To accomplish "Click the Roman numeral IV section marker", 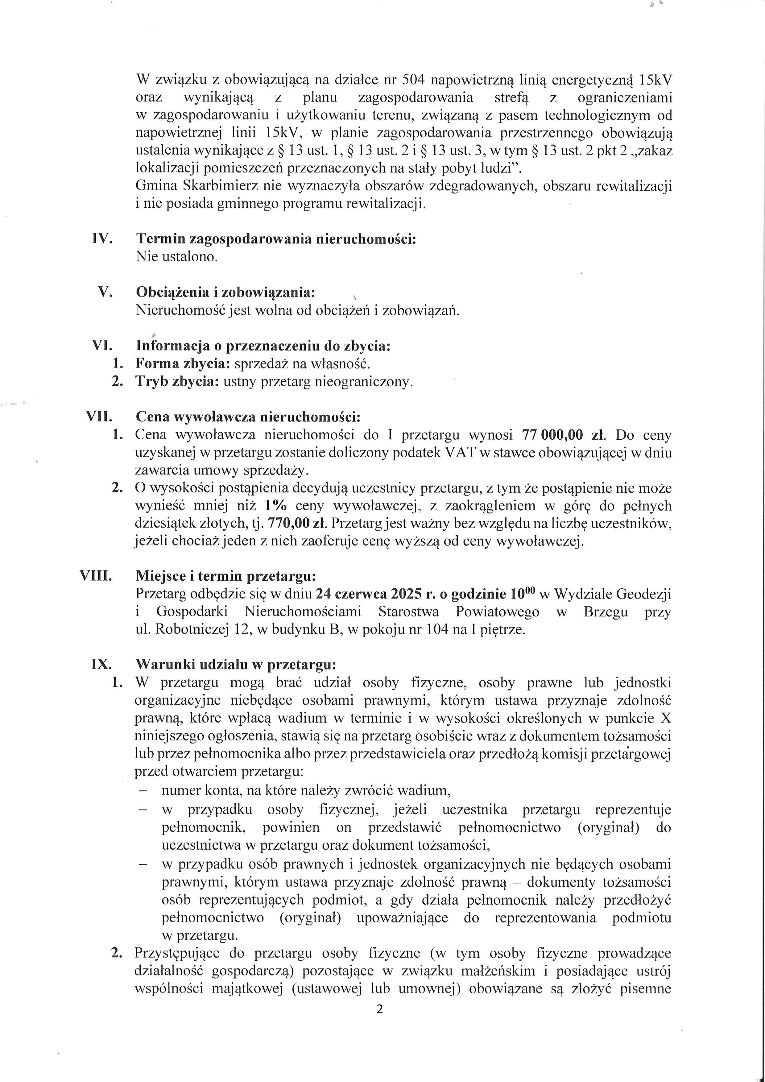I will click(102, 238).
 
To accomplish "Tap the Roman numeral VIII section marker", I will click(96, 576).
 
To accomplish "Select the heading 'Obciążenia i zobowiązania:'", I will click(225, 292).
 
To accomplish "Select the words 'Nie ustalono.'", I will click(177, 257).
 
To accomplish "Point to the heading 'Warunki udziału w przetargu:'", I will click(236, 665).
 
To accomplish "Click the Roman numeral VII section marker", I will click(99, 417).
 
